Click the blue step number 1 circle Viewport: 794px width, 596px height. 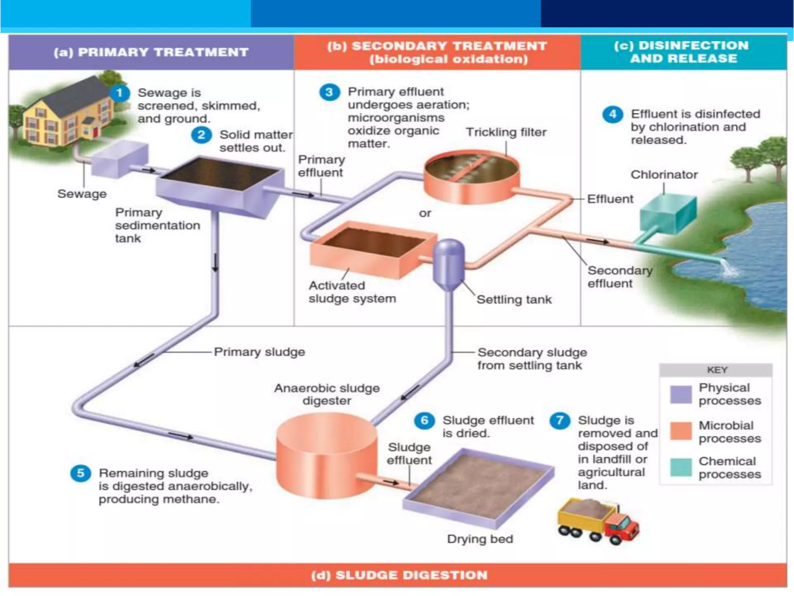click(119, 93)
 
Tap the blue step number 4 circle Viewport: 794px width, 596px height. click(613, 114)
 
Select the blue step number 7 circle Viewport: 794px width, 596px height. click(560, 421)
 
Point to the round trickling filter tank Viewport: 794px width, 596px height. click(471, 177)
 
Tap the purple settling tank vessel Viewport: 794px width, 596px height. click(449, 264)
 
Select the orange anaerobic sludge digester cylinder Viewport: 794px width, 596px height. click(326, 454)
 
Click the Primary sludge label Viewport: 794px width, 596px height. click(259, 352)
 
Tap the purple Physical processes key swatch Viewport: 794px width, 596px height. click(681, 394)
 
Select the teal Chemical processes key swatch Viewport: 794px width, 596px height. click(681, 467)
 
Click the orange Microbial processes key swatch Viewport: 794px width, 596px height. click(681, 431)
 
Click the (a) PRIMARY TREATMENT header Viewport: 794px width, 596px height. click(151, 52)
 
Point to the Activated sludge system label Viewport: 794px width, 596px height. click(352, 292)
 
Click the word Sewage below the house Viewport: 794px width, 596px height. click(82, 194)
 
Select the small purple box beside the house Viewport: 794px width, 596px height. click(119, 159)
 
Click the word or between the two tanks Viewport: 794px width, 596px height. click(425, 213)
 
